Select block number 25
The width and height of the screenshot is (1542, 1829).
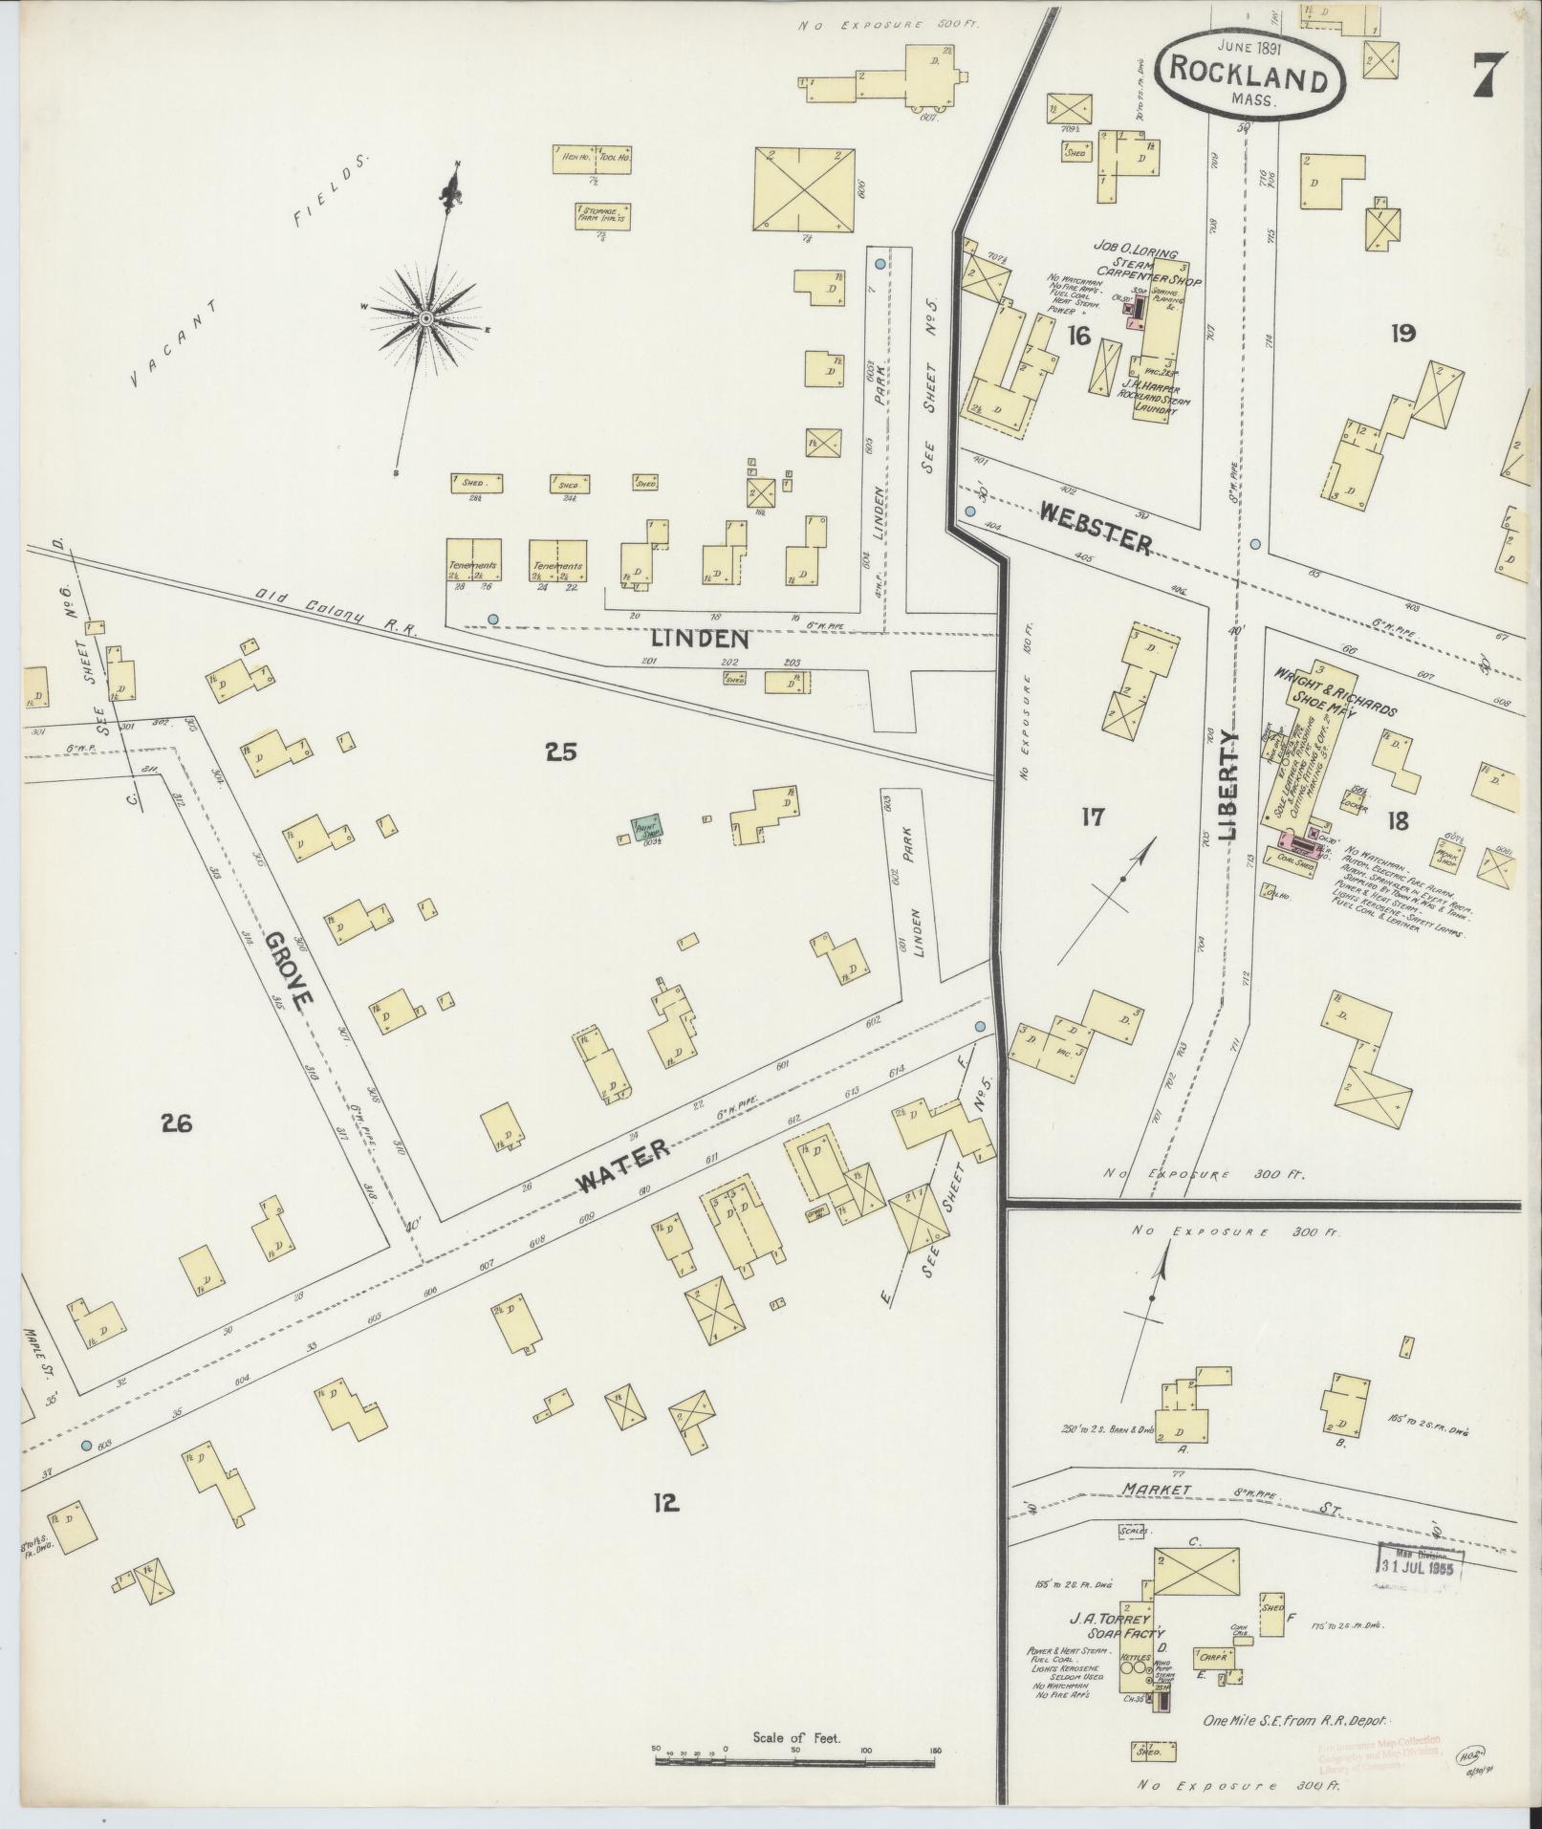click(560, 752)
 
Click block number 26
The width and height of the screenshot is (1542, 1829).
click(176, 1122)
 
